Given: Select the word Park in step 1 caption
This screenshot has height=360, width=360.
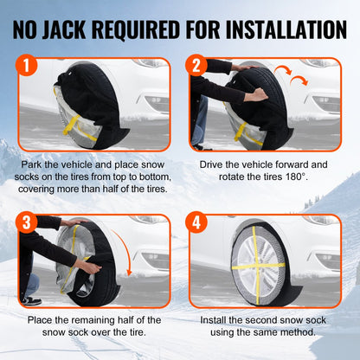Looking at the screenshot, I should pyautogui.click(x=35, y=164).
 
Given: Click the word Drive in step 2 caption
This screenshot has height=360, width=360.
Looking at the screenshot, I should pyautogui.click(x=215, y=164).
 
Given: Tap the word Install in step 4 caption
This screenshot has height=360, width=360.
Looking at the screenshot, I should pyautogui.click(x=215, y=320).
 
